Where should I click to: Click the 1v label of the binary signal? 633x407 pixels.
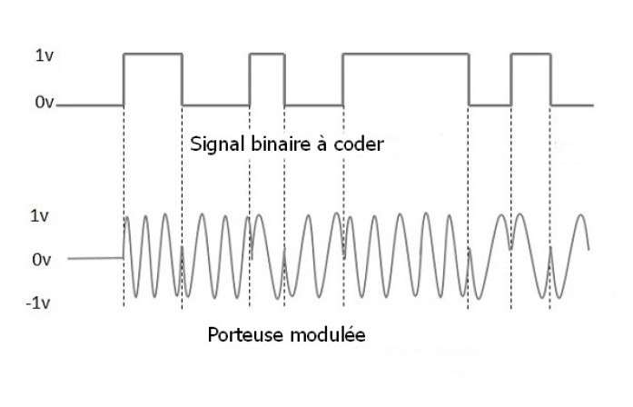(x=44, y=55)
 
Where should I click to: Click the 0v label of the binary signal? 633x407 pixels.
(x=44, y=102)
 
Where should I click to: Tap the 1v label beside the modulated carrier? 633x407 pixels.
(x=39, y=216)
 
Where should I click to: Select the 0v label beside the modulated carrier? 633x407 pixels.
(x=41, y=260)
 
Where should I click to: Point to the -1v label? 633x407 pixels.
(x=38, y=303)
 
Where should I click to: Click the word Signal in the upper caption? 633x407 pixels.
(x=218, y=144)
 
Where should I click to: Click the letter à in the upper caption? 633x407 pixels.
(x=321, y=144)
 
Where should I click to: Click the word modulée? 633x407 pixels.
(x=328, y=334)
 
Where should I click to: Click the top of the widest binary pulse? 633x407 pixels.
(x=406, y=54)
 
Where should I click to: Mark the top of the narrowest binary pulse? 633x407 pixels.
(x=267, y=54)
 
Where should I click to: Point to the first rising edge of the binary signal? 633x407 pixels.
(x=124, y=79)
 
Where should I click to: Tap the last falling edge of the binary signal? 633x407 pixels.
(x=551, y=79)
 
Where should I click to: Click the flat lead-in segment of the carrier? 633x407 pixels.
(x=95, y=258)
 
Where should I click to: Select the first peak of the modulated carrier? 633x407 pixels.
(x=127, y=218)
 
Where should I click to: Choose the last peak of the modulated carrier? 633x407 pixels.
(x=581, y=215)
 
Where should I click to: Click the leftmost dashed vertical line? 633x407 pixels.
(x=124, y=206)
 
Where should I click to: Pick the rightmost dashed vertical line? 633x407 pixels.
(x=550, y=207)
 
